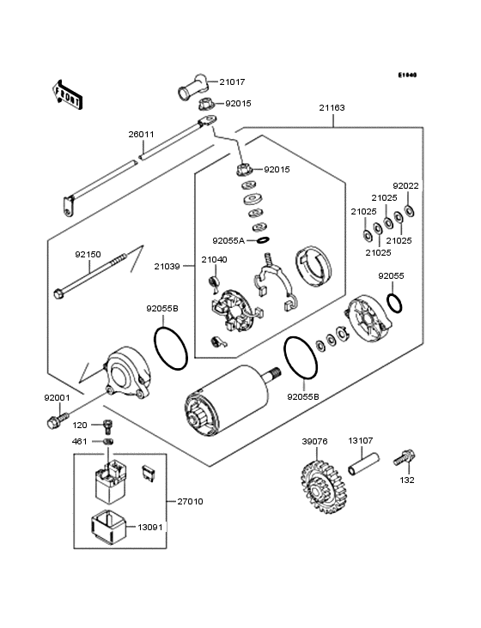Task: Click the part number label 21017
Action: (x=232, y=82)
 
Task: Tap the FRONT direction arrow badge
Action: (x=69, y=94)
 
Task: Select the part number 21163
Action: (x=332, y=108)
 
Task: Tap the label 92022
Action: (x=405, y=185)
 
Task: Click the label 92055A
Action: (x=229, y=241)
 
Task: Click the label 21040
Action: (x=214, y=259)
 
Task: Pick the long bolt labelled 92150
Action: (x=94, y=275)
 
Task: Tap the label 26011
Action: (x=141, y=135)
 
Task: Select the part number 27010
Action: (x=190, y=501)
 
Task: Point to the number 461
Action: (x=80, y=441)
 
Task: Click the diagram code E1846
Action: (x=406, y=75)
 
